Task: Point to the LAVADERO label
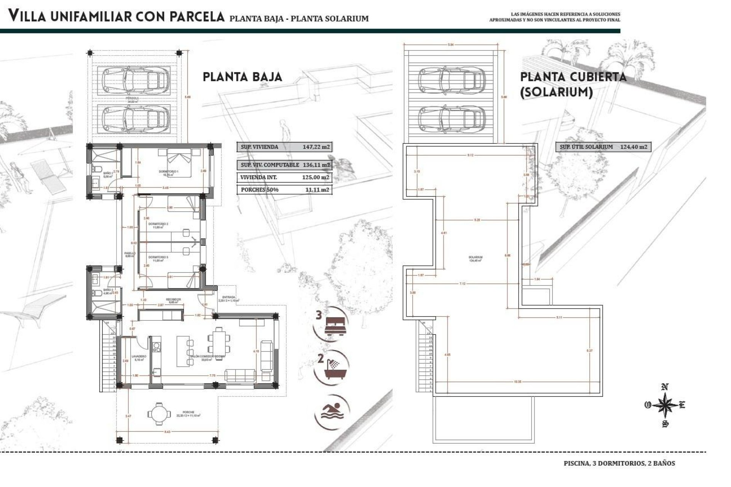tap(137, 356)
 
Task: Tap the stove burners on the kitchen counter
tap(155, 346)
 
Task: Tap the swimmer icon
tap(332, 411)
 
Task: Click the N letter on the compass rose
tap(665, 387)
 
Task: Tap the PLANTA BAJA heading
tap(243, 77)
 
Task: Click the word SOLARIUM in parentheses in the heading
tap(556, 92)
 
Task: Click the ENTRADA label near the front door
tap(229, 297)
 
